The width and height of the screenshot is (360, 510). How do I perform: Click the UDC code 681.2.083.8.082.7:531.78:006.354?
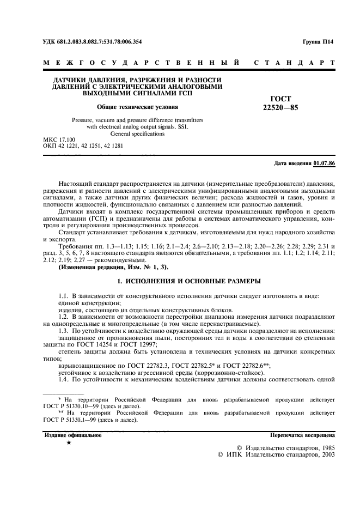click(100, 41)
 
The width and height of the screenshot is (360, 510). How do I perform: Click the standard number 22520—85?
click(280, 107)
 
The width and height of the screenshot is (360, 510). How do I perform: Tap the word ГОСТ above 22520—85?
click(280, 99)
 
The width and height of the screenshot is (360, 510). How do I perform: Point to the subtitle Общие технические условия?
click(137, 107)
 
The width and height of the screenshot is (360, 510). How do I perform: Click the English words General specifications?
click(137, 133)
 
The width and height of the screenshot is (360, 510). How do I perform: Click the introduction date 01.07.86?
click(325, 164)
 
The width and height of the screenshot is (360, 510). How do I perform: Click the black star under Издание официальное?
click(69, 444)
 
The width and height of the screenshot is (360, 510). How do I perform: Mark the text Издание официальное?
click(72, 435)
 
